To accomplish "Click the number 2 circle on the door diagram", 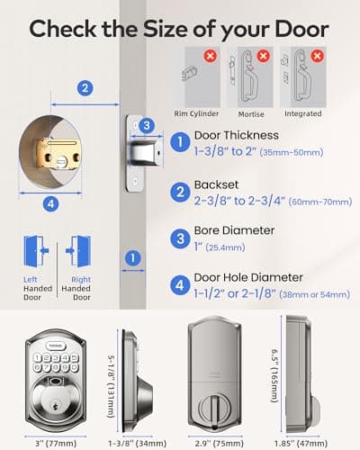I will tap(85, 88).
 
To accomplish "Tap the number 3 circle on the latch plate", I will tap(146, 125).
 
